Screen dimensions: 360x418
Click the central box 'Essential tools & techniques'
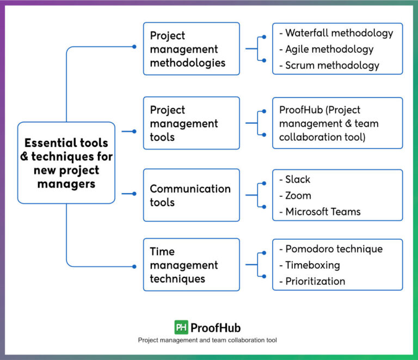click(66, 163)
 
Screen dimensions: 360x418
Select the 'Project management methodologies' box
click(191, 49)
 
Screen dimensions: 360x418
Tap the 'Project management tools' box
click(191, 123)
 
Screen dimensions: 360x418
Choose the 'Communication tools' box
click(191, 195)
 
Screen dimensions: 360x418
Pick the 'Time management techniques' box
click(191, 265)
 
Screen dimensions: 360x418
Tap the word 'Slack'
click(297, 179)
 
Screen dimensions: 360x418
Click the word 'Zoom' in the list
click(298, 195)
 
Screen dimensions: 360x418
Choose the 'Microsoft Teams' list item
click(322, 212)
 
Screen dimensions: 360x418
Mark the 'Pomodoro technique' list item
click(333, 249)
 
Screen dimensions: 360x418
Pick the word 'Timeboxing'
click(312, 265)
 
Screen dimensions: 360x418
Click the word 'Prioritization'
click(315, 281)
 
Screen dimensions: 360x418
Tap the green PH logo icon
click(181, 327)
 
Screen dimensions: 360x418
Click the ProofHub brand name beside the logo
click(216, 328)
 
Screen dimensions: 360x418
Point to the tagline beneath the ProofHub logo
click(207, 340)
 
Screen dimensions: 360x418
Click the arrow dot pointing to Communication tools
click(134, 193)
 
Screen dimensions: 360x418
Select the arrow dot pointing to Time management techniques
click(134, 266)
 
